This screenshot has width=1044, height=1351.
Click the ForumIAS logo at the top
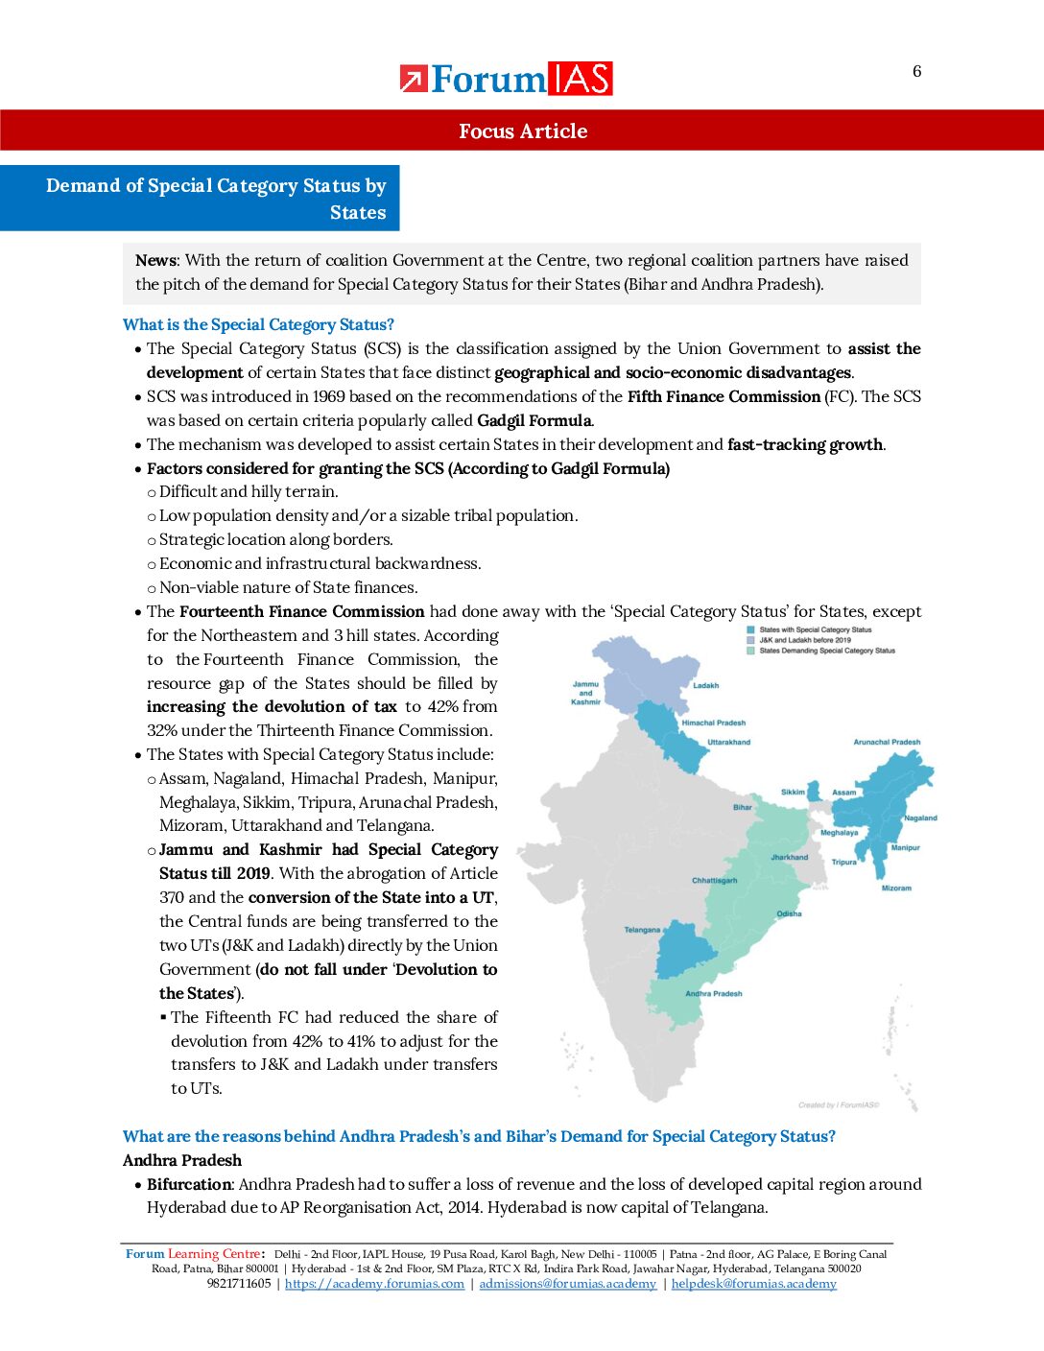tap(506, 79)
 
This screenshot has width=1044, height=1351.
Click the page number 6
tap(916, 71)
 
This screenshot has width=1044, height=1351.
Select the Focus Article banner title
tap(522, 131)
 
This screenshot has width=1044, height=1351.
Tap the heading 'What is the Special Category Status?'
tap(258, 324)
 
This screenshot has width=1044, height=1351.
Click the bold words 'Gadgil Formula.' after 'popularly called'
tap(534, 420)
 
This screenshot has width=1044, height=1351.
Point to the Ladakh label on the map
tap(705, 685)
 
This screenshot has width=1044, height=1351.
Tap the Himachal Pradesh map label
tap(713, 723)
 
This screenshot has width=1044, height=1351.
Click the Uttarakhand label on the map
tap(728, 742)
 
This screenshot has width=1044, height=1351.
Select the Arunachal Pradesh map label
tap(886, 742)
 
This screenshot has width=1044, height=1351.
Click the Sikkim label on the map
tap(793, 792)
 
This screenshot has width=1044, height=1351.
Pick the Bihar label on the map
tap(743, 807)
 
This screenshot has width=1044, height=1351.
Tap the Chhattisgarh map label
tap(714, 880)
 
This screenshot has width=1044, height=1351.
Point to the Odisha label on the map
tap(789, 913)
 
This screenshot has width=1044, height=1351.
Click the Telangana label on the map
tap(642, 930)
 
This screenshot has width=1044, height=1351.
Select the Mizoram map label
tap(896, 888)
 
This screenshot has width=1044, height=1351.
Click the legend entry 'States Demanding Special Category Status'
tap(826, 651)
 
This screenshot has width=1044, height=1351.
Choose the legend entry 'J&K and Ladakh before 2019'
tap(804, 640)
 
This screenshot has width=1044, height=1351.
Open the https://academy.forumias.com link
tap(374, 1284)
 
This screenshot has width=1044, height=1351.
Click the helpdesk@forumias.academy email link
tap(753, 1284)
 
